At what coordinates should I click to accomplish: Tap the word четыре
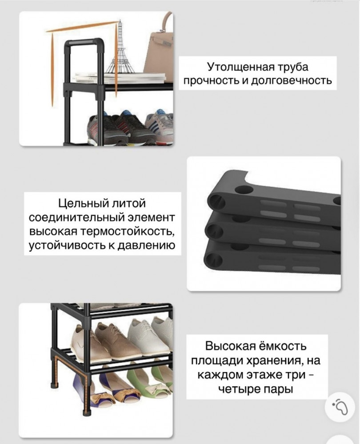pos(239,389)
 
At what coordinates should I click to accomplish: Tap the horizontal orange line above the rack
pos(82,26)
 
